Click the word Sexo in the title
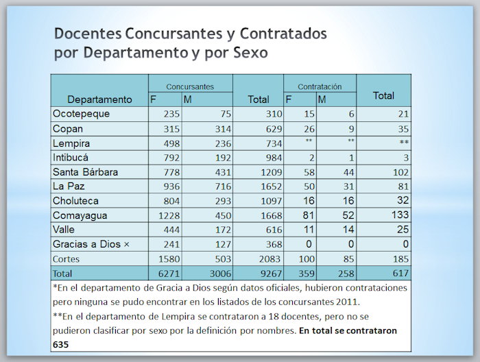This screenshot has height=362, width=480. pyautogui.click(x=251, y=53)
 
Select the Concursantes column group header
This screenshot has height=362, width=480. pyautogui.click(x=190, y=86)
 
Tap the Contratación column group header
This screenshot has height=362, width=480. pyautogui.click(x=320, y=86)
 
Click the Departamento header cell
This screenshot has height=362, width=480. pyautogui.click(x=99, y=99)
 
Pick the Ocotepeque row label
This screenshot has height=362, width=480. pyautogui.click(x=81, y=114)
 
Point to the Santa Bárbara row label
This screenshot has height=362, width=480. pyautogui.click(x=85, y=172)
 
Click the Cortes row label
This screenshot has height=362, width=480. pyautogui.click(x=66, y=259)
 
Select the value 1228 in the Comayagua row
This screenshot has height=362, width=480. pyautogui.click(x=169, y=215)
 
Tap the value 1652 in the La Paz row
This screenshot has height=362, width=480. pyautogui.click(x=272, y=186)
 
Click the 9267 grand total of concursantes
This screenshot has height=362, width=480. pyautogui.click(x=272, y=274)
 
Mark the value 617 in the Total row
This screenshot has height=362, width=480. pyautogui.click(x=400, y=274)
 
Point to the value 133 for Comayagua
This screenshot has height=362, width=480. pyautogui.click(x=400, y=215)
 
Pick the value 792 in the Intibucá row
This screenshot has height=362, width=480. pyautogui.click(x=171, y=158)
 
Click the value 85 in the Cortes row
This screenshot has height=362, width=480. pyautogui.click(x=348, y=259)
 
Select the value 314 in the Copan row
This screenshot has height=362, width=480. pyautogui.click(x=223, y=129)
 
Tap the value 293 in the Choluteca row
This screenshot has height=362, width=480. pyautogui.click(x=223, y=201)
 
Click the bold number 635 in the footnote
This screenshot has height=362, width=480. pyautogui.click(x=60, y=345)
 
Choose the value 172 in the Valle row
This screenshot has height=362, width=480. pyautogui.click(x=223, y=230)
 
